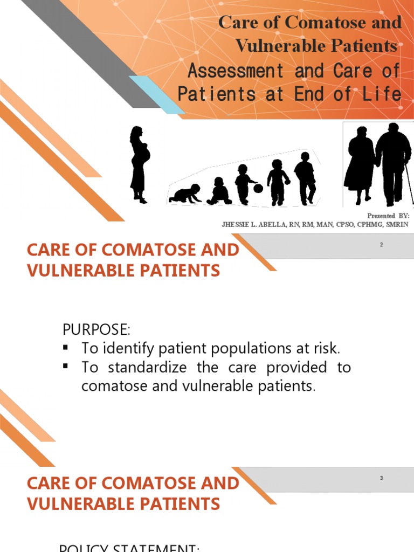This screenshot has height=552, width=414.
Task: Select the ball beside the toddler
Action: tap(258, 188)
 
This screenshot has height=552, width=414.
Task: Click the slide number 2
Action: tap(381, 245)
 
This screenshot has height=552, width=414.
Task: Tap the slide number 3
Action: tap(381, 478)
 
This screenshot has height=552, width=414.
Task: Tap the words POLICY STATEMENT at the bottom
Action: tap(129, 548)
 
